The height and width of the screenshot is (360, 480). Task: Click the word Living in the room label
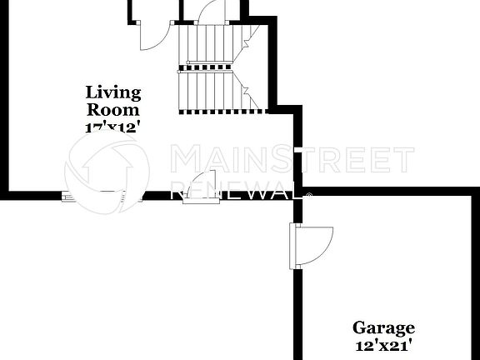pos(113,92)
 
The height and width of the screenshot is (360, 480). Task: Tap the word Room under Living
pos(113,108)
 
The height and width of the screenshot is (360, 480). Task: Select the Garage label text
pos(382,328)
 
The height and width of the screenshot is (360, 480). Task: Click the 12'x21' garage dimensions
pos(382,344)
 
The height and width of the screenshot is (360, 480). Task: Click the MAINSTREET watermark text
pos(292,159)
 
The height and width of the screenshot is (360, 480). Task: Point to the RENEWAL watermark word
pos(237,190)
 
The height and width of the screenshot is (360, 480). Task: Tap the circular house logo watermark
pos(107,167)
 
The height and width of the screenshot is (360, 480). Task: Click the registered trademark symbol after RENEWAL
pos(310,197)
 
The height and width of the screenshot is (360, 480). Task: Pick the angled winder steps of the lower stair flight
pos(248,90)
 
